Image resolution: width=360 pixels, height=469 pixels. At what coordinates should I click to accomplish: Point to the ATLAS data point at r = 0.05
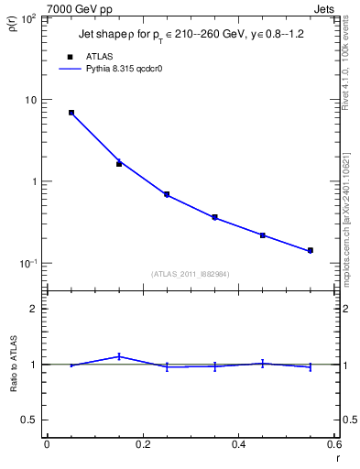(71, 113)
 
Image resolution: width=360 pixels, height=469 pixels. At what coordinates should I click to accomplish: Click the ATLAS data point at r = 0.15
(119, 163)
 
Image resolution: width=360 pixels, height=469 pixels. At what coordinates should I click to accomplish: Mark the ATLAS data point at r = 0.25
(167, 194)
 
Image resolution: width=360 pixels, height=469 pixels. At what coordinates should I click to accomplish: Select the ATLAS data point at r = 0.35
(214, 217)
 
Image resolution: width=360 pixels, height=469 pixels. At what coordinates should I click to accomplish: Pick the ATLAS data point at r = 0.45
(263, 235)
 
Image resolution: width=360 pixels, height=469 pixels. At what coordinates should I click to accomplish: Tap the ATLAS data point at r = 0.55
(311, 250)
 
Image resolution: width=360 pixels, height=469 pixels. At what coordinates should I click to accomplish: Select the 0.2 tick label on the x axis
(143, 444)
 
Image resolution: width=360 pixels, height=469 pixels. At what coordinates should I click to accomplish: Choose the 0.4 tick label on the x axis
(239, 444)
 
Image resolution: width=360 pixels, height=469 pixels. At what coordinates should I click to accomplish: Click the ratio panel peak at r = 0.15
(119, 356)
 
